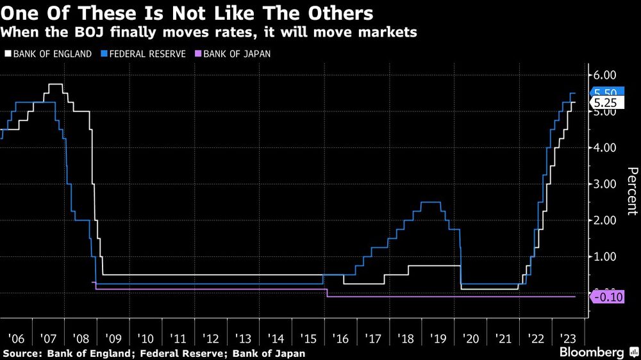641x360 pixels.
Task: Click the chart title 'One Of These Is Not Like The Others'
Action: coord(190,13)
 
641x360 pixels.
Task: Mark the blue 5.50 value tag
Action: coord(605,93)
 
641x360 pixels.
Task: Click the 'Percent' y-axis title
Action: coord(632,190)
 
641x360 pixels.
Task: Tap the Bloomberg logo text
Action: coord(592,352)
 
